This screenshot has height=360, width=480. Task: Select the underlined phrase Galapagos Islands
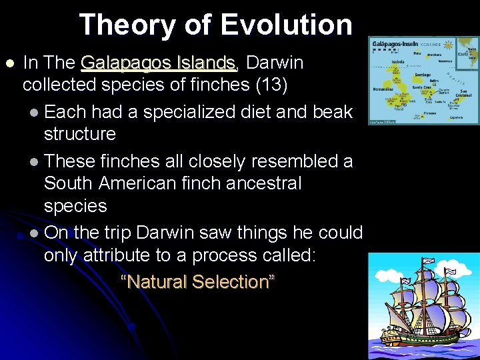coord(158,63)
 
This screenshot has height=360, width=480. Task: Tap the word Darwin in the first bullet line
coord(275,63)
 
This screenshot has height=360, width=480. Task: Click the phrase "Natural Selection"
coord(197,281)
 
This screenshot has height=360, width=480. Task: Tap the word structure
coord(79,134)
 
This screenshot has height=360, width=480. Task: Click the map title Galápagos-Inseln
coord(395,41)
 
